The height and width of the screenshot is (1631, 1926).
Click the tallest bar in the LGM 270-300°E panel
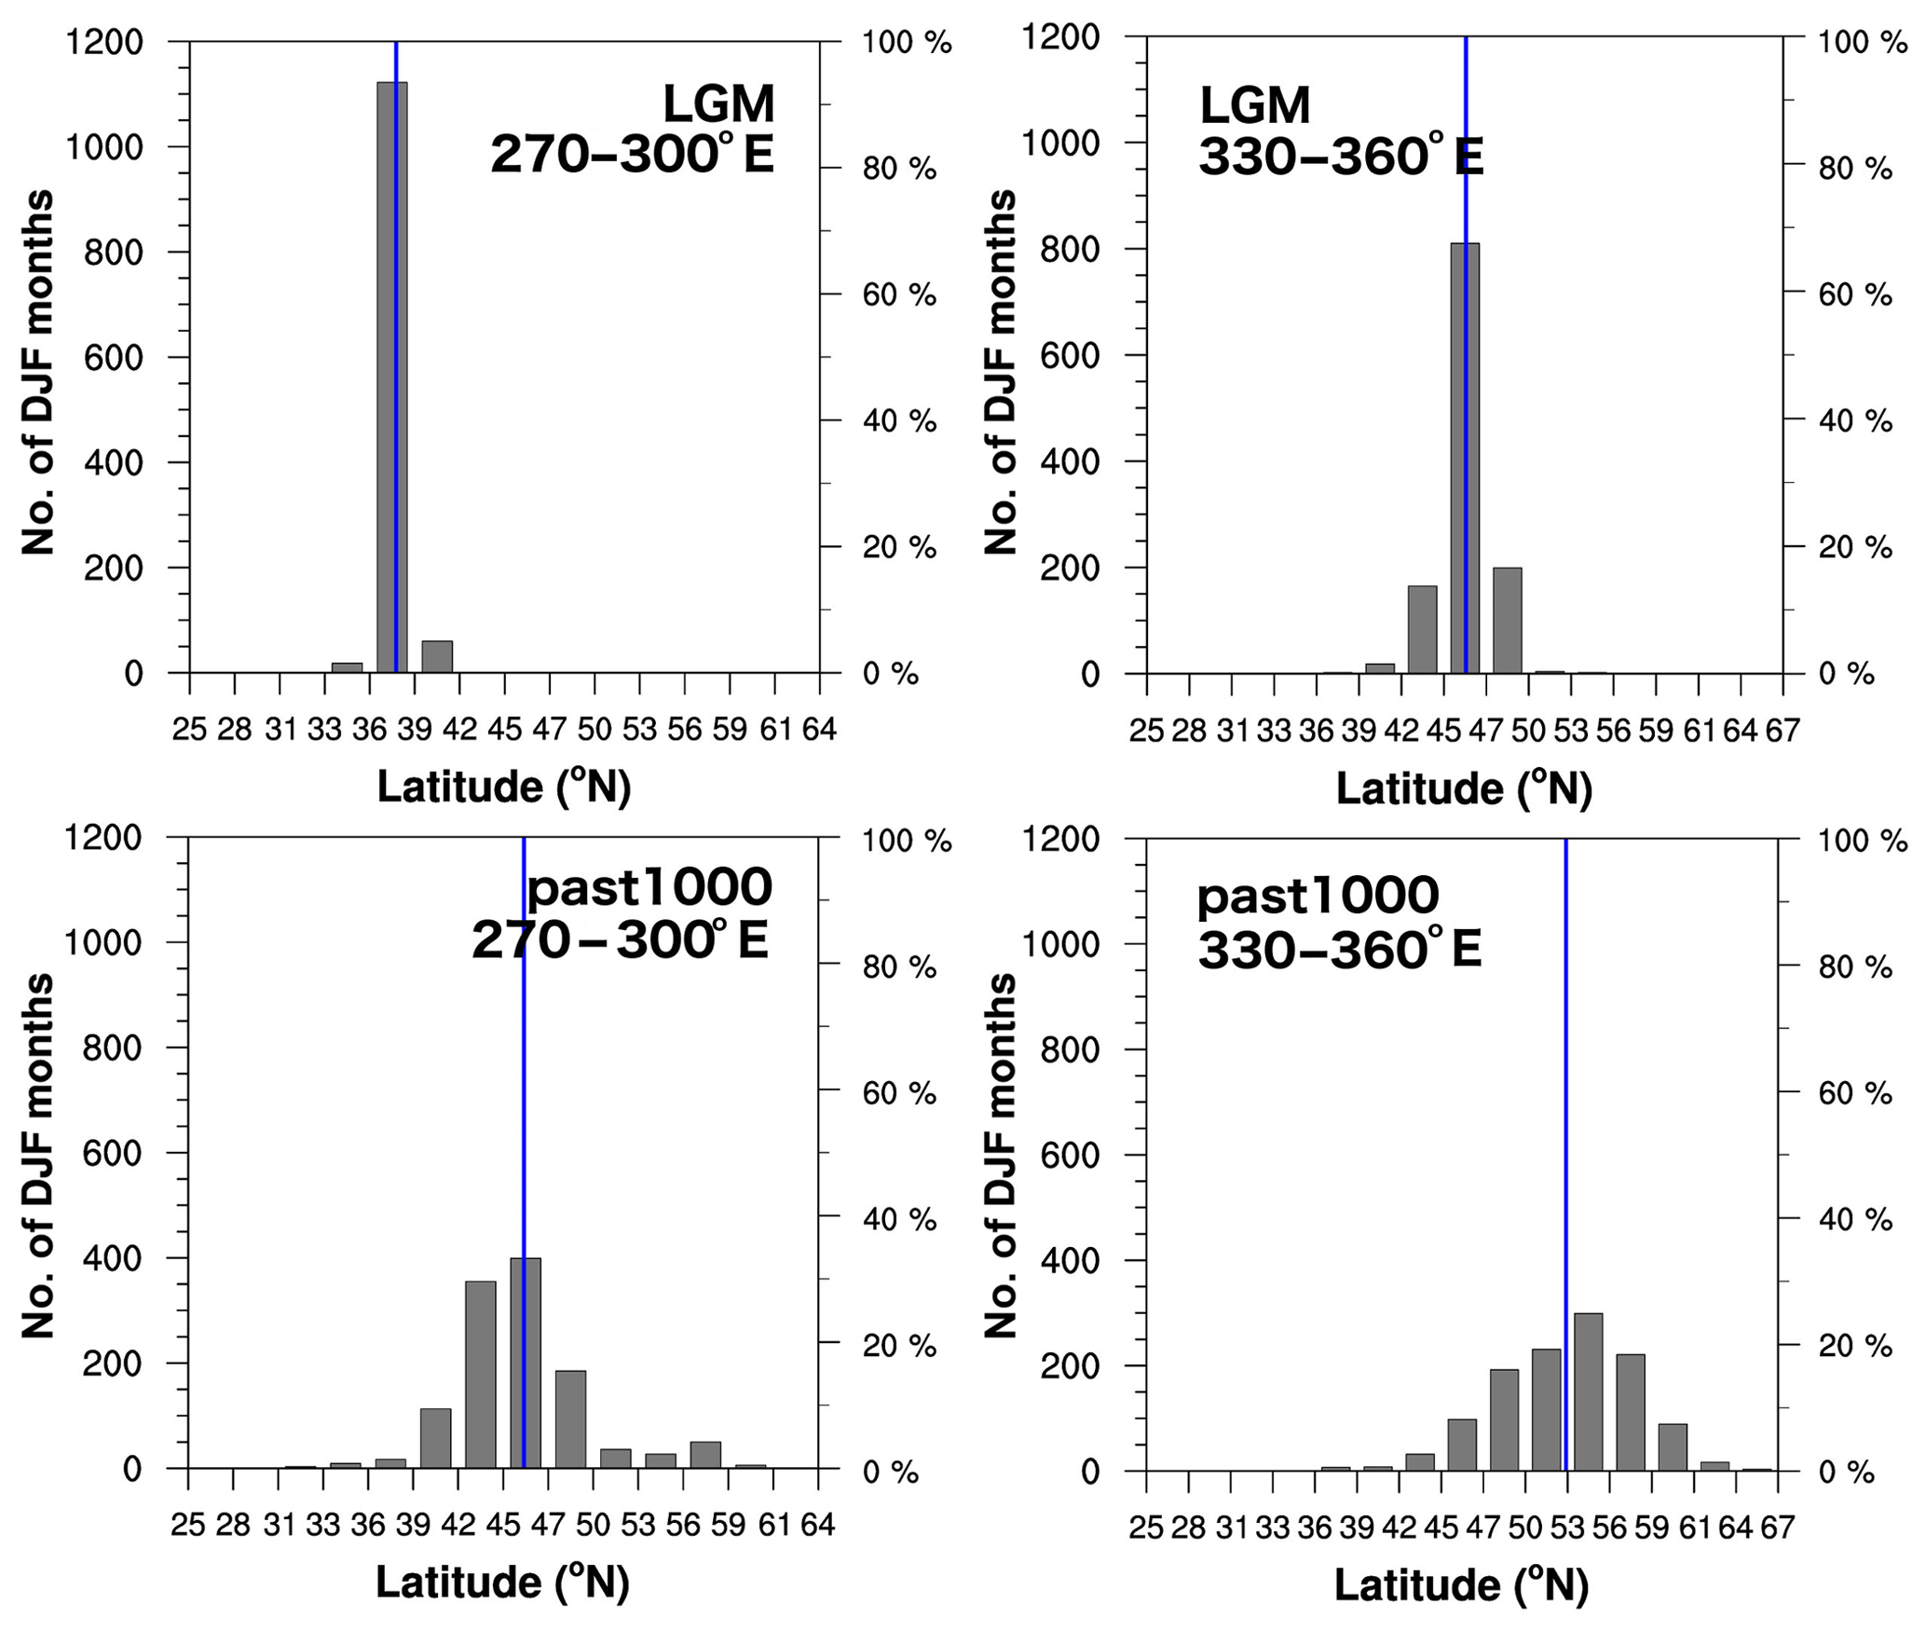pyautogui.click(x=391, y=373)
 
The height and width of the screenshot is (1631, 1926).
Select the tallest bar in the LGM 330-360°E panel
pyautogui.click(x=1464, y=457)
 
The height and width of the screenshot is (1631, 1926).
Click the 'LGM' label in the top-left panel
pyautogui.click(x=718, y=103)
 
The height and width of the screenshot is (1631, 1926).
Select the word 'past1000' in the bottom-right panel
pyautogui.click(x=1318, y=896)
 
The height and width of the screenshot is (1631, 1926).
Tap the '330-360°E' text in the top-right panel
pyautogui.click(x=1340, y=157)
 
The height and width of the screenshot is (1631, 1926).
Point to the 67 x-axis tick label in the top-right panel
pyautogui.click(x=1782, y=731)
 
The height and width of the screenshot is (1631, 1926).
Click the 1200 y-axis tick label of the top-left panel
pyautogui.click(x=103, y=42)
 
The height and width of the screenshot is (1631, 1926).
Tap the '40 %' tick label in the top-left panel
pyautogui.click(x=899, y=420)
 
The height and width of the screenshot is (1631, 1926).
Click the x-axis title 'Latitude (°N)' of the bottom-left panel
pyautogui.click(x=503, y=1582)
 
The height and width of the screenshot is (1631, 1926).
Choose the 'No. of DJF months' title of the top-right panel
pyautogui.click(x=1001, y=373)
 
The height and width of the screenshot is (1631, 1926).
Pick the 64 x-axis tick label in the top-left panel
pyautogui.click(x=819, y=729)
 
